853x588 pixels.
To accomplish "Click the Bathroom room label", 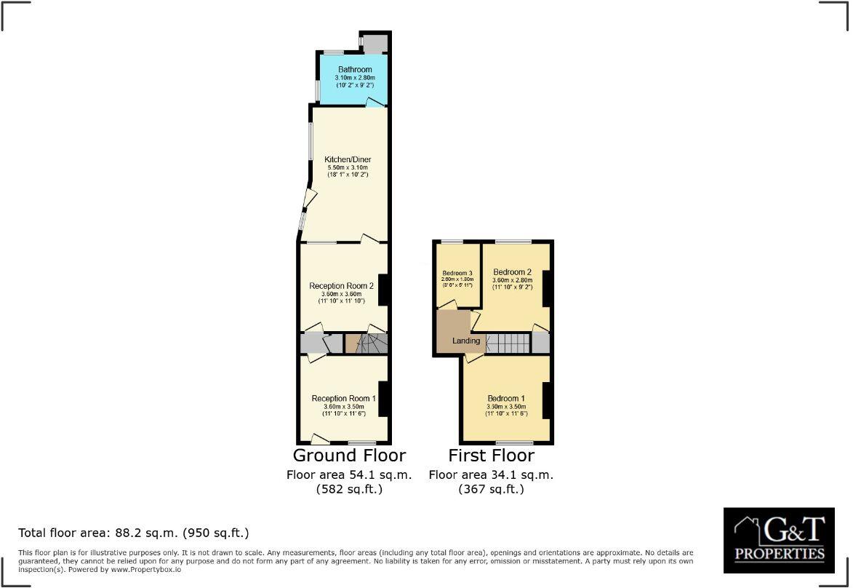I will click(354, 70).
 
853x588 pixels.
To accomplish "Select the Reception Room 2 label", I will click(341, 286).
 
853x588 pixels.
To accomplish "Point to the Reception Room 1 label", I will click(343, 398).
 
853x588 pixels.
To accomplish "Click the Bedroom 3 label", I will click(457, 273).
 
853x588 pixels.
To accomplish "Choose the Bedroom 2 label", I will click(513, 271).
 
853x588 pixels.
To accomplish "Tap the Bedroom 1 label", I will click(506, 398).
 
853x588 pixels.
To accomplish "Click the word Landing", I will click(466, 341).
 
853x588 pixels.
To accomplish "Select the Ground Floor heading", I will click(349, 456).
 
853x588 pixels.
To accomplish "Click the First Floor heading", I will click(491, 456).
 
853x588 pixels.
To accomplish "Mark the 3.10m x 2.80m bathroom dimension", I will click(354, 78).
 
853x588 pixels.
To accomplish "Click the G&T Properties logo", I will click(779, 539).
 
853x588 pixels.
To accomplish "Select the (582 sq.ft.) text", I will click(349, 490).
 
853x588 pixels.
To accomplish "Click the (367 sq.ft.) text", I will click(491, 490).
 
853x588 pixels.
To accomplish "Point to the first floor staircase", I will click(508, 343).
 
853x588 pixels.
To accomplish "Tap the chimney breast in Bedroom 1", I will click(547, 399).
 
